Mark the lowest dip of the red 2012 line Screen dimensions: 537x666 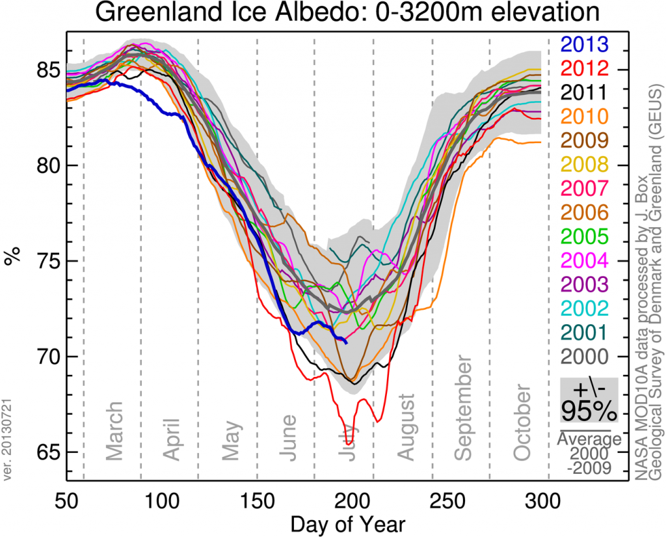pyautogui.click(x=349, y=443)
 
